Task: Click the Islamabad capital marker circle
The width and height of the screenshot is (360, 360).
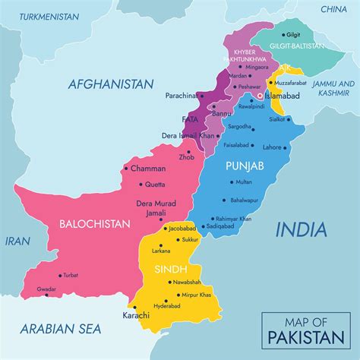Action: point(259,96)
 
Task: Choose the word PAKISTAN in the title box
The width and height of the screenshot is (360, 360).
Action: point(303,336)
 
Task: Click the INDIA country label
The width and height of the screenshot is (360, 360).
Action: point(301,229)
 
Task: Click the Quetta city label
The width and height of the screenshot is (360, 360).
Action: point(156,184)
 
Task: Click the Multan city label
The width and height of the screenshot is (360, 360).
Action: point(243,182)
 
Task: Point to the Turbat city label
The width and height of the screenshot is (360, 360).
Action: point(70,275)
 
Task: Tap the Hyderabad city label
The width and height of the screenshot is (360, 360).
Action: point(167,305)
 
